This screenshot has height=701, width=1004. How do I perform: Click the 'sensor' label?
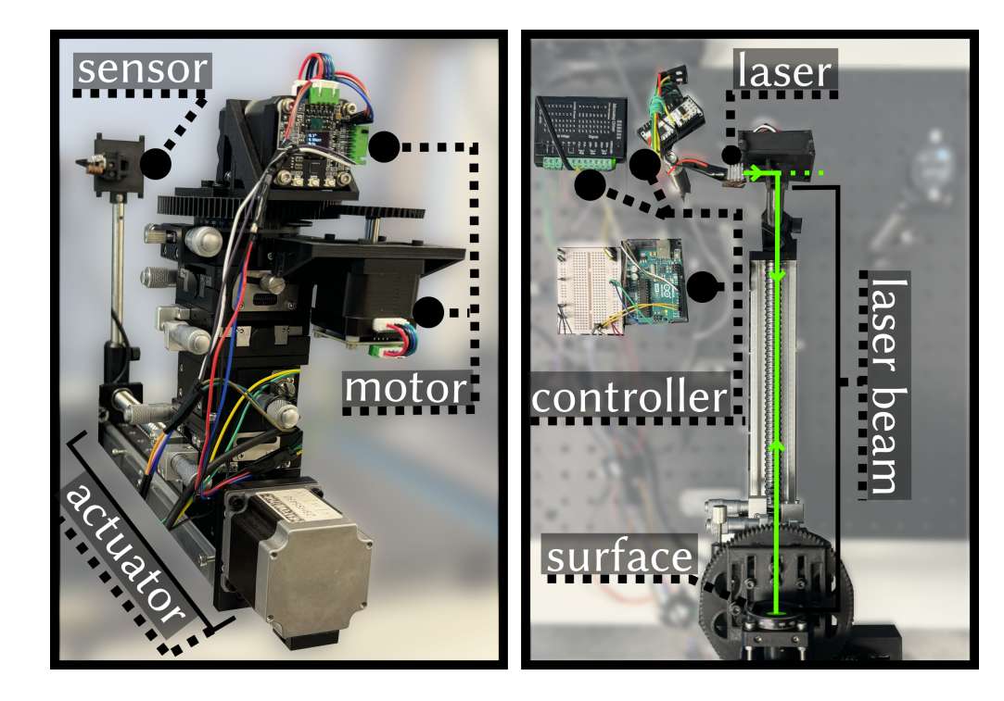pyautogui.click(x=143, y=69)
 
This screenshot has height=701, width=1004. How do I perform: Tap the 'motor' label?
pyautogui.click(x=407, y=389)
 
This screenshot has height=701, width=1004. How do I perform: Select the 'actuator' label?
pyautogui.click(x=126, y=553)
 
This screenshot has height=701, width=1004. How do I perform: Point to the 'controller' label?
pyautogui.click(x=629, y=397)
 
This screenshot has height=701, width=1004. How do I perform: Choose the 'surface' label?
pyautogui.click(x=620, y=556)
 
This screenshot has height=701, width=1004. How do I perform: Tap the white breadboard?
pyautogui.click(x=591, y=291)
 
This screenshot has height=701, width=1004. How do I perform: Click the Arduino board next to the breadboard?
pyautogui.click(x=655, y=282)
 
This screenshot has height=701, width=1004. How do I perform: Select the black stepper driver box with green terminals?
pyautogui.click(x=575, y=133)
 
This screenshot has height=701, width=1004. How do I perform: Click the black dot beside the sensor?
pyautogui.click(x=156, y=163)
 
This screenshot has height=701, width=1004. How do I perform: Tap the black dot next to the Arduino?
pyautogui.click(x=703, y=286)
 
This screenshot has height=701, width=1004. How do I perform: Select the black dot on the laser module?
pyautogui.click(x=731, y=154)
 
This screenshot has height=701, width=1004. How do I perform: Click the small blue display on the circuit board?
pyautogui.click(x=313, y=141)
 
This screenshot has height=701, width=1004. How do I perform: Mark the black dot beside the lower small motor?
pyautogui.click(x=428, y=312)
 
